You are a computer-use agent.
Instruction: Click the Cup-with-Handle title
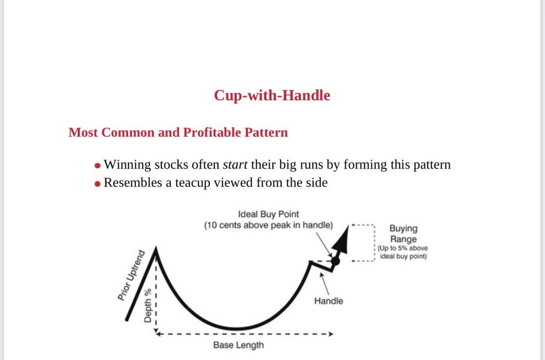(x=272, y=96)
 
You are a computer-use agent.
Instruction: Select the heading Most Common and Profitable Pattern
(x=178, y=133)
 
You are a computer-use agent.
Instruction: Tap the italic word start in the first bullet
(x=235, y=165)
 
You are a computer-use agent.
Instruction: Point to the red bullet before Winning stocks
(x=97, y=165)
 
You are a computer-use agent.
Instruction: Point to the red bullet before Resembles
(x=97, y=183)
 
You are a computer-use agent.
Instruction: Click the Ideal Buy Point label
(x=268, y=214)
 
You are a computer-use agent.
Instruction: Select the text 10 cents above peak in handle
(x=268, y=225)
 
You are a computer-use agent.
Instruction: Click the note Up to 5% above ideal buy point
(x=402, y=253)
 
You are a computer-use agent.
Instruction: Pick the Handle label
(x=328, y=301)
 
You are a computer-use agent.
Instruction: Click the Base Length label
(x=238, y=345)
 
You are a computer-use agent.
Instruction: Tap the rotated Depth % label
(x=148, y=306)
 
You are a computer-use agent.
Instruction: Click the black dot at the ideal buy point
(x=335, y=261)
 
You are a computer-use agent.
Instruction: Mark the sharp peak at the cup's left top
(x=156, y=249)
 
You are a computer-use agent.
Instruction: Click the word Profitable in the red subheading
(x=215, y=133)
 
